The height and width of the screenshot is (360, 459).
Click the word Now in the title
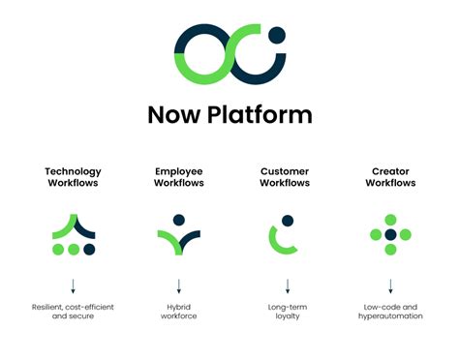[173, 114]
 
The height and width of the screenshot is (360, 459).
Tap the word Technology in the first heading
[73, 171]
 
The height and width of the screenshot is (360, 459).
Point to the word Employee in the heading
[179, 171]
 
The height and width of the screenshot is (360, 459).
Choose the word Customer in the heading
[285, 171]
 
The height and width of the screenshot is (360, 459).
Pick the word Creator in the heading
[390, 171]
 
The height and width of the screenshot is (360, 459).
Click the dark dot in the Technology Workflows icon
[90, 250]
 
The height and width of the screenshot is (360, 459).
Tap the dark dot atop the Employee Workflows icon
[179, 220]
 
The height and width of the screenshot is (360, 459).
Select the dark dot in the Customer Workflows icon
[286, 220]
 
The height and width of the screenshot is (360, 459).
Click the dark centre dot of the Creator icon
[390, 234]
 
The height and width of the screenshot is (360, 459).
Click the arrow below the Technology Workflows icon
[73, 286]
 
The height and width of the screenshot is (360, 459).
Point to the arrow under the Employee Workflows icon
[179, 286]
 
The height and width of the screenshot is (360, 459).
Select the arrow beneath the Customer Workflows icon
[287, 286]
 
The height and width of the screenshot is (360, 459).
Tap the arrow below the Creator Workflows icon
[390, 286]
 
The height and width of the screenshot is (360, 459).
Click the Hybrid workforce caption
[179, 312]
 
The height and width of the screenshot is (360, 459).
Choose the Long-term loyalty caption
[286, 312]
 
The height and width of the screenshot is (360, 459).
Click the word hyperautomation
[390, 316]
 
